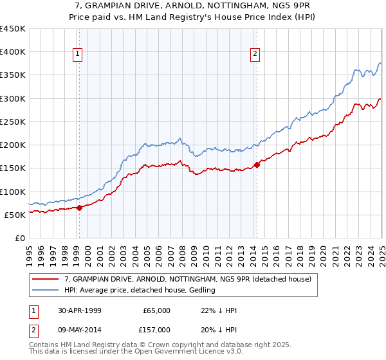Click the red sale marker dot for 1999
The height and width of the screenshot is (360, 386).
click(x=79, y=208)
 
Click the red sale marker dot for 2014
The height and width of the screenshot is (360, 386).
click(x=257, y=165)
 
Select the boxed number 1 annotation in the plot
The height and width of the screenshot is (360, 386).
click(x=77, y=55)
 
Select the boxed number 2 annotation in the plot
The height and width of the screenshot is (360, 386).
click(x=255, y=55)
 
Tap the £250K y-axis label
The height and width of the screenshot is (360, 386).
click(x=13, y=122)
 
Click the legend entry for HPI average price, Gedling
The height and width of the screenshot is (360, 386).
click(x=140, y=290)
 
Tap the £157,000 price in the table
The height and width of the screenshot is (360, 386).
click(x=156, y=331)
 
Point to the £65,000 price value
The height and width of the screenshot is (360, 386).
click(x=156, y=310)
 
